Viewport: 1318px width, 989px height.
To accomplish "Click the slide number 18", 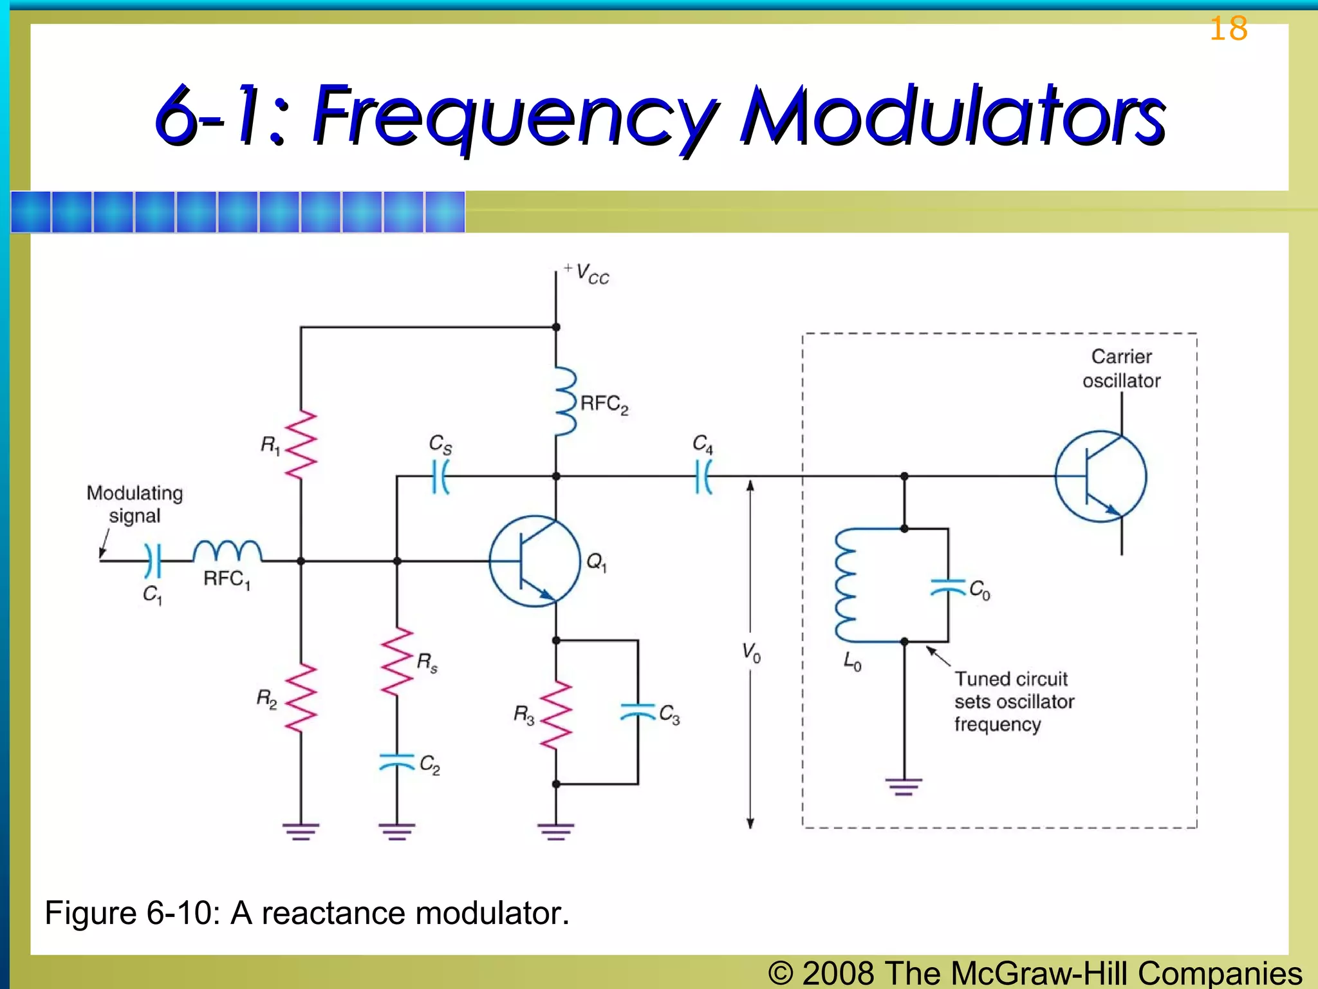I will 1228,29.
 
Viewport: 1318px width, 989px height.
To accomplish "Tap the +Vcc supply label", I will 587,273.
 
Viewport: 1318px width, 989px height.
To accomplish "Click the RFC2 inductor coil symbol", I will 565,402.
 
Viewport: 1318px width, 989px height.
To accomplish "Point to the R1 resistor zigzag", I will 301,444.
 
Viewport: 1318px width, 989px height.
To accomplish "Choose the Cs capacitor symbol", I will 441,476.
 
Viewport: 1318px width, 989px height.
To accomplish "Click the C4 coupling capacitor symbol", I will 704,476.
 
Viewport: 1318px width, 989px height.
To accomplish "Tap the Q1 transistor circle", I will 535,561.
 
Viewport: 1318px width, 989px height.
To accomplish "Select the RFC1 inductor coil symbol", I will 227,552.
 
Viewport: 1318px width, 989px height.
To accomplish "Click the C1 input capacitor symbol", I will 153,561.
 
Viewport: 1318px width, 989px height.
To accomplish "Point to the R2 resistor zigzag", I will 301,698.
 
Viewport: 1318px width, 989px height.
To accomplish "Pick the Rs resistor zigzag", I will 397,662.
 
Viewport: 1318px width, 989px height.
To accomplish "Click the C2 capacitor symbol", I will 397,762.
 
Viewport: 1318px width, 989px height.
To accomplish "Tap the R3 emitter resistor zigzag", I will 556,715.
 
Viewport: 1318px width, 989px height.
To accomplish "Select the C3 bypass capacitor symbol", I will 638,711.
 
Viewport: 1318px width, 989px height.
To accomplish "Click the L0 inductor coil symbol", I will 846,585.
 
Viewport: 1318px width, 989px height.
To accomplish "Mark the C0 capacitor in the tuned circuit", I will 948,587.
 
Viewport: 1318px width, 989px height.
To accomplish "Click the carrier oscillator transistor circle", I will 1100,476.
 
